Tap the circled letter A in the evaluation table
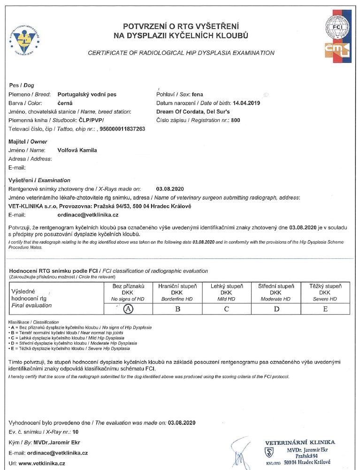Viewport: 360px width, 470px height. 128,308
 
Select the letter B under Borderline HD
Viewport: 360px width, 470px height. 177,308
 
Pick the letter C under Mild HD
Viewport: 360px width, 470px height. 226,308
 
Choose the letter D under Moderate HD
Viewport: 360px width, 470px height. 276,308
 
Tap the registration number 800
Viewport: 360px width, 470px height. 236,120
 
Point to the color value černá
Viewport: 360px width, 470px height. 65,103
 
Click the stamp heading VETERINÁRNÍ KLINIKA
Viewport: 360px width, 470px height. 300,442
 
